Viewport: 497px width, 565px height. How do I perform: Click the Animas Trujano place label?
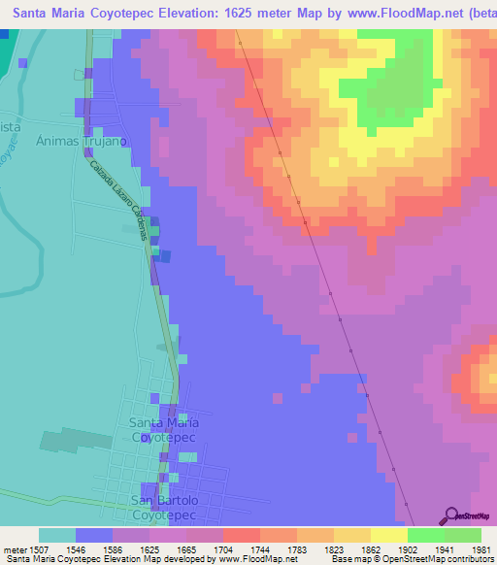pos(83,141)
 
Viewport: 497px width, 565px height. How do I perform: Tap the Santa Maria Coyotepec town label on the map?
pos(165,430)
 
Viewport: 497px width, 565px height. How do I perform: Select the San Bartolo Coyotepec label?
pos(165,508)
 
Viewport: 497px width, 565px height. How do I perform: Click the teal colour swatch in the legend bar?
pos(57,535)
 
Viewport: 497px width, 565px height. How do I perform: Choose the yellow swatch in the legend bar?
pos(388,535)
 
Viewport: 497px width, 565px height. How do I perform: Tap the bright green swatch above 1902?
pos(425,535)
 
